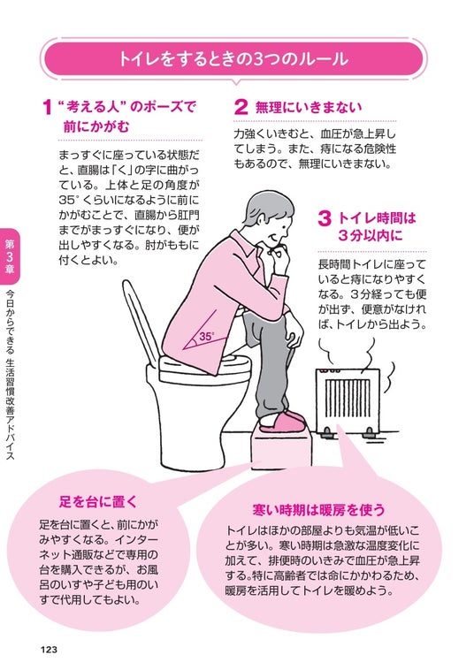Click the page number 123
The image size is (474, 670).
click(x=49, y=650)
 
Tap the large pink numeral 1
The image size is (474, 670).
click(x=48, y=107)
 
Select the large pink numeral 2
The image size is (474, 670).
click(x=241, y=107)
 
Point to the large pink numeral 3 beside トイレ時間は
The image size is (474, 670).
click(x=325, y=218)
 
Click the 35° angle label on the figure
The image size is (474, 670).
click(x=206, y=336)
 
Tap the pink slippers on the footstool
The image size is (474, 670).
click(x=283, y=422)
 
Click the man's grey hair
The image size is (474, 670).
click(x=265, y=209)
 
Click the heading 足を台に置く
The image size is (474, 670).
click(x=98, y=501)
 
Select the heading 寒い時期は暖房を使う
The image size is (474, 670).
click(x=318, y=510)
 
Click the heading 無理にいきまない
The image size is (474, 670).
click(x=308, y=107)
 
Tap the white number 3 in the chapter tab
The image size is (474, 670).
click(x=10, y=257)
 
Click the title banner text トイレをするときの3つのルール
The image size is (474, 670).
click(x=233, y=59)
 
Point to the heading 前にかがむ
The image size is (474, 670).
click(x=96, y=127)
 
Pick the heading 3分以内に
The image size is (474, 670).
click(x=371, y=235)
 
